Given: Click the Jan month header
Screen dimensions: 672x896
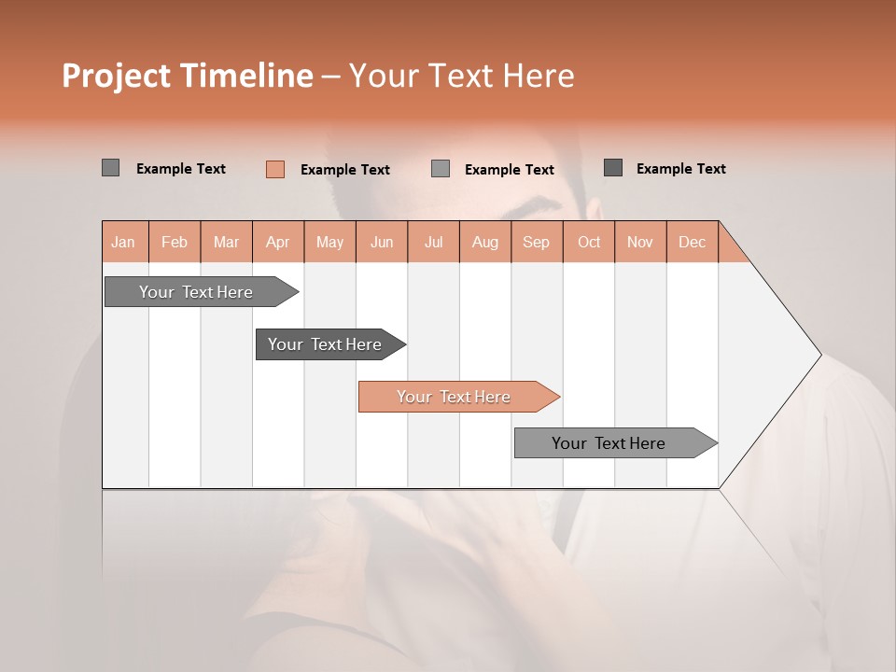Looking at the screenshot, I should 124,242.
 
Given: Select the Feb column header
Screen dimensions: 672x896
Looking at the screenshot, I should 175,242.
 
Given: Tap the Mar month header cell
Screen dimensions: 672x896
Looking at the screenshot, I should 226,242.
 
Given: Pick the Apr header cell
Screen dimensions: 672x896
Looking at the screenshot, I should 278,242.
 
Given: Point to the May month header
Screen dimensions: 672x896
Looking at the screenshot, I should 329,242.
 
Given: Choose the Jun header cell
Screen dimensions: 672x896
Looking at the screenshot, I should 382,242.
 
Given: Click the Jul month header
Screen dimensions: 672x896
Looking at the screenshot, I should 433,242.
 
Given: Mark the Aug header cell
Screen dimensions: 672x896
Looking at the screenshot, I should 485,242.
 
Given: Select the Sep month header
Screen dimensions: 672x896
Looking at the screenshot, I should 537,242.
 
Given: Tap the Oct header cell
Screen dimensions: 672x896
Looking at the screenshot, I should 589,242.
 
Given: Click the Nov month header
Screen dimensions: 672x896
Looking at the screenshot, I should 640,242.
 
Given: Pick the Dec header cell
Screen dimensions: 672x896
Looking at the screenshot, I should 693,242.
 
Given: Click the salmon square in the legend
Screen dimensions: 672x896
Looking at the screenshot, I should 274,169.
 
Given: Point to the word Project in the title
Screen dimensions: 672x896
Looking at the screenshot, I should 116,76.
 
